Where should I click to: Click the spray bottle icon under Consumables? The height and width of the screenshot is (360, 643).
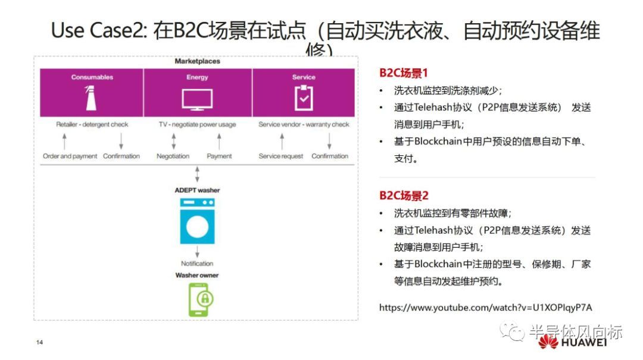(x=92, y=98)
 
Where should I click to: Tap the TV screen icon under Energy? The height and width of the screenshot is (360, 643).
(x=197, y=99)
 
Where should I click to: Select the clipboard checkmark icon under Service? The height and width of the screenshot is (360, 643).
(x=304, y=98)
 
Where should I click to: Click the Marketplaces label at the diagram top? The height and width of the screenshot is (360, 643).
(x=197, y=61)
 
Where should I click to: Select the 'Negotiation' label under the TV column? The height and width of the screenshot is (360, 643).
(x=173, y=156)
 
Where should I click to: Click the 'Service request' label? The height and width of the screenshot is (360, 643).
(x=280, y=156)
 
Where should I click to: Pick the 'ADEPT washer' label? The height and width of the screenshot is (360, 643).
(x=197, y=190)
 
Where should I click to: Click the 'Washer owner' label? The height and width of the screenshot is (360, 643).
(x=197, y=276)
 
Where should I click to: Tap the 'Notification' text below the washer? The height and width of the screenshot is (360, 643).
(x=197, y=264)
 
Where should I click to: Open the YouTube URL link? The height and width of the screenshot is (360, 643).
(x=485, y=308)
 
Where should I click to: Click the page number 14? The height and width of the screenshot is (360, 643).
(x=40, y=343)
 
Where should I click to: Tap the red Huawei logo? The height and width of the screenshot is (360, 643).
(x=548, y=341)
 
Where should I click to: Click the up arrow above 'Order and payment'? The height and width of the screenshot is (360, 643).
(x=65, y=141)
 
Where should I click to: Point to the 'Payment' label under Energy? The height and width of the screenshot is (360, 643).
(x=219, y=156)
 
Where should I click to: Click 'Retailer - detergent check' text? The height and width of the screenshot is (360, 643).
(x=92, y=125)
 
